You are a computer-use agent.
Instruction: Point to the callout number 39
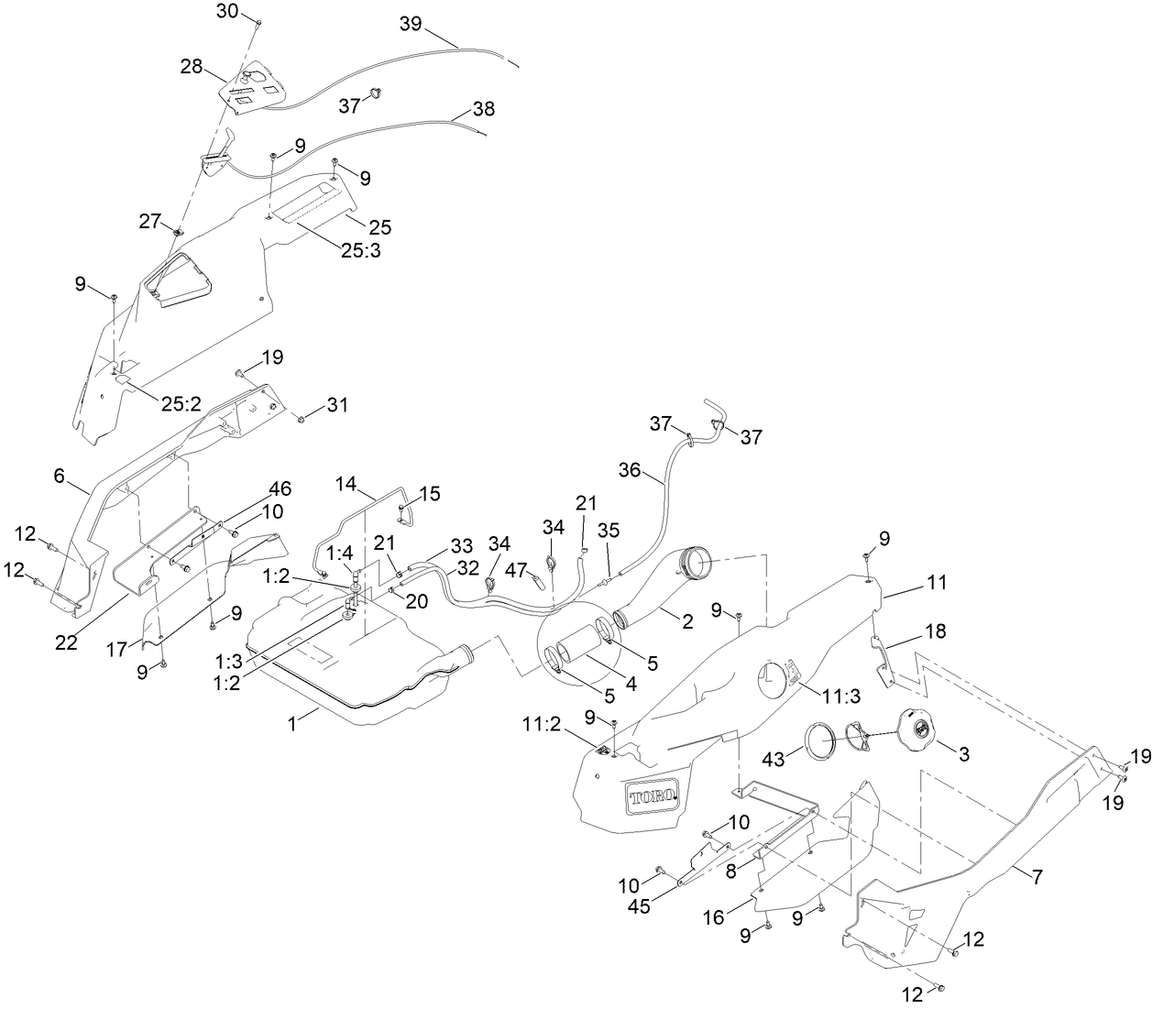click(x=411, y=24)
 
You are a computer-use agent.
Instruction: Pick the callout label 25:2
click(x=182, y=403)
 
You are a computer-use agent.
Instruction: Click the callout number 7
click(x=1037, y=876)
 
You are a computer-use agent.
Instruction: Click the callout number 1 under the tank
click(x=292, y=723)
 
